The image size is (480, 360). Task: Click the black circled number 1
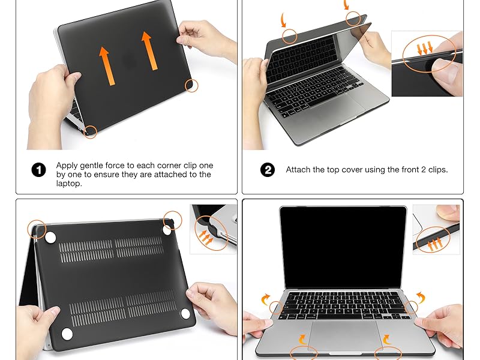tap(38, 170)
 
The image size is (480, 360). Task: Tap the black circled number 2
tap(268, 170)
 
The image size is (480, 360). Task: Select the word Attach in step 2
tap(299, 170)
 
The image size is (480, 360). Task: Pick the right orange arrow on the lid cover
tap(148, 50)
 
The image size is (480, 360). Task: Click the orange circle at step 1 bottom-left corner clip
tap(90, 131)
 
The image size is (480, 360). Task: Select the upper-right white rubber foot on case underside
tap(167, 229)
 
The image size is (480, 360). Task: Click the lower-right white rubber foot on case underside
tap(185, 313)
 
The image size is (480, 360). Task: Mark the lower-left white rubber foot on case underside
tap(67, 333)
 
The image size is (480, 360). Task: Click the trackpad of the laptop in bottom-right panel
tap(344, 335)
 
